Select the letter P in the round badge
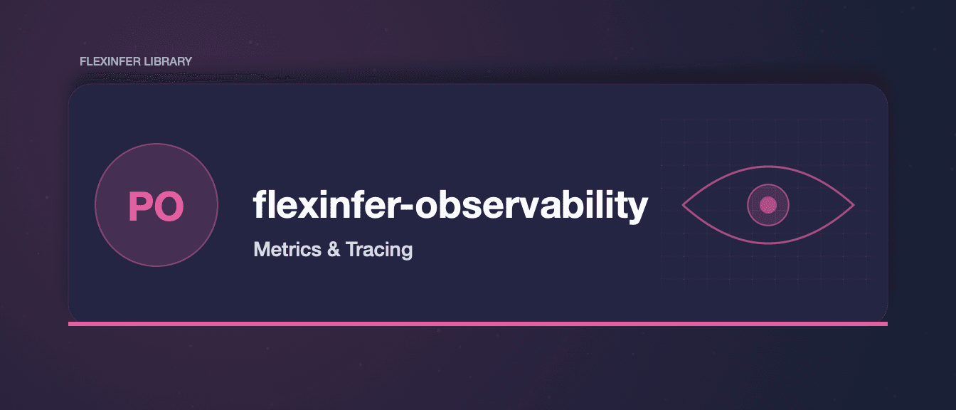coord(140,206)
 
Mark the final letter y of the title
coord(637,211)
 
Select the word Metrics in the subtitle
coord(287,249)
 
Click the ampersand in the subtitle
coord(334,249)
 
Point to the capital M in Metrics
coord(262,249)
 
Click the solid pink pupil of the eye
coord(768,205)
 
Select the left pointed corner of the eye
coord(682,205)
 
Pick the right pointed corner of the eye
coord(854,205)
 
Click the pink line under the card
coord(478,324)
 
